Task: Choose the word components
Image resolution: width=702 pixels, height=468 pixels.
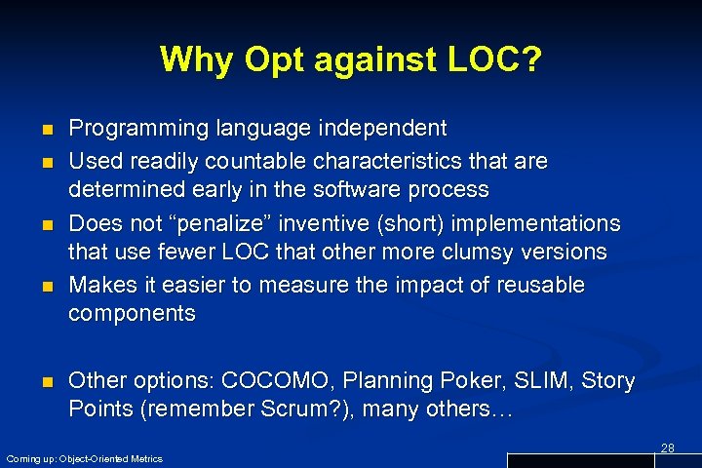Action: tap(132, 313)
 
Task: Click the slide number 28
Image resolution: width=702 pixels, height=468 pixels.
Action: tap(668, 448)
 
